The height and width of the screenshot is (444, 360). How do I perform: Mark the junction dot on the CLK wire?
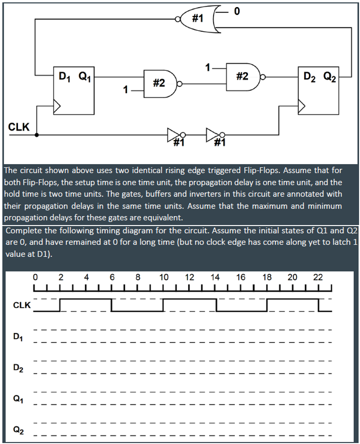(37, 135)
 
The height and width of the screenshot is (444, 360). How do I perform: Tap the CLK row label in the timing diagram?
(21, 305)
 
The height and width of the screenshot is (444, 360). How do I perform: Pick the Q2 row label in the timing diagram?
(17, 430)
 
